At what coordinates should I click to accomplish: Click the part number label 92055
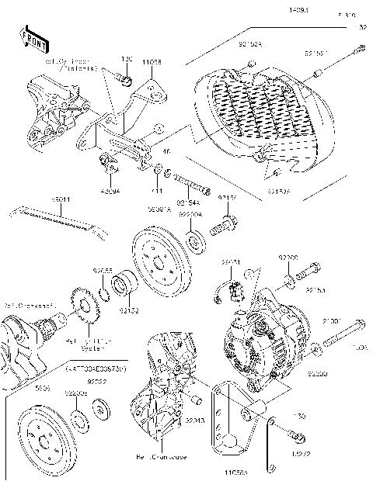click(103, 271)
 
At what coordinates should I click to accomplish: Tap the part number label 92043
click(195, 420)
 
